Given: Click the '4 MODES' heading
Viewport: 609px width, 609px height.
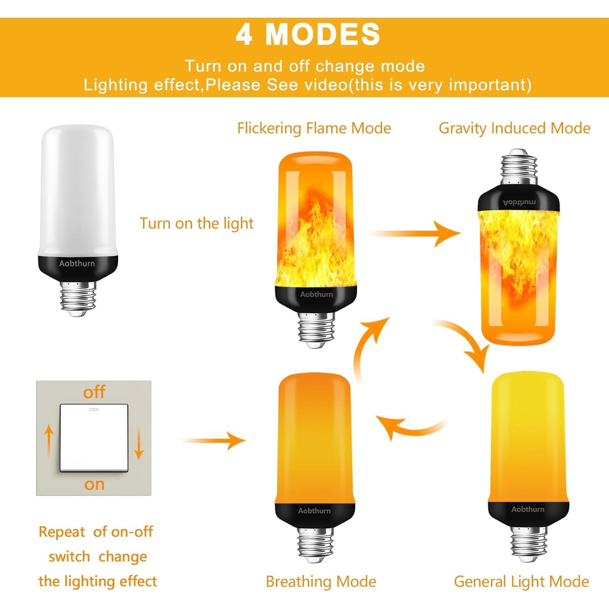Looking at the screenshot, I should coord(308,35).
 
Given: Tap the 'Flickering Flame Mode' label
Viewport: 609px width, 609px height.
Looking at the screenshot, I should coord(314,128).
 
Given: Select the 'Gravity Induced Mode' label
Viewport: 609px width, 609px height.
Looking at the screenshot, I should coord(514,128).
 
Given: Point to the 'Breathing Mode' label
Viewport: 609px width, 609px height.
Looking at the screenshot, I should coord(321,581).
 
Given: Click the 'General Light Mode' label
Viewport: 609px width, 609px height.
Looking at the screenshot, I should coord(521,581).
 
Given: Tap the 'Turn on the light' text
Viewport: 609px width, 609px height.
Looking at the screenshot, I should coord(197,223).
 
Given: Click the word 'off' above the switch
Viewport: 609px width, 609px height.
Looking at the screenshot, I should coord(94,392).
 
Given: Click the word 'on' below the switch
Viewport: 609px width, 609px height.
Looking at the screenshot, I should coord(94,484).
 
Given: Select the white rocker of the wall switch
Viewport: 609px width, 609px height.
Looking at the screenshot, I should coord(94,438).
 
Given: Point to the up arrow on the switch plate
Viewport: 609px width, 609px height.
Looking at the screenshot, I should coord(49,441).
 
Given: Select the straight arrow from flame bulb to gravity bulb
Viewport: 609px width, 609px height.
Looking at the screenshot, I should coord(414,233).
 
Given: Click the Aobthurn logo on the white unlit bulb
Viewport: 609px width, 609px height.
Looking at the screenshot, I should coord(77,263).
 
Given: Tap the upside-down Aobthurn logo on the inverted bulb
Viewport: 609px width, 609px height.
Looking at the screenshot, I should coord(519,202).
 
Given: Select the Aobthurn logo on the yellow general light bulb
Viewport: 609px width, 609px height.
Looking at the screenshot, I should coord(528,509).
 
